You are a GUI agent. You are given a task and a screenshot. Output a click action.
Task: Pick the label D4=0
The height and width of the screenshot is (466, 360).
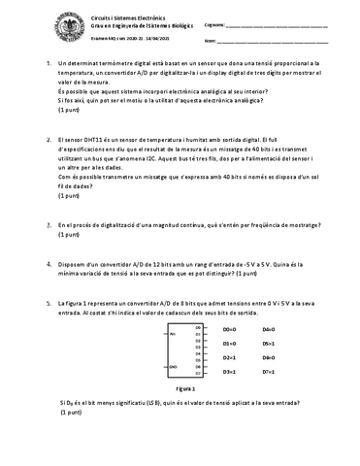(269, 329)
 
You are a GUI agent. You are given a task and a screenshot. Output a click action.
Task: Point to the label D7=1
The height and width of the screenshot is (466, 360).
(269, 372)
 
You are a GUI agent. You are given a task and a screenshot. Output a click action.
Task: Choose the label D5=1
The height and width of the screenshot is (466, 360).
(269, 343)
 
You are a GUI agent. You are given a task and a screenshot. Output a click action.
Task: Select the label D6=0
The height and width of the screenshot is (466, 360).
(269, 357)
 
